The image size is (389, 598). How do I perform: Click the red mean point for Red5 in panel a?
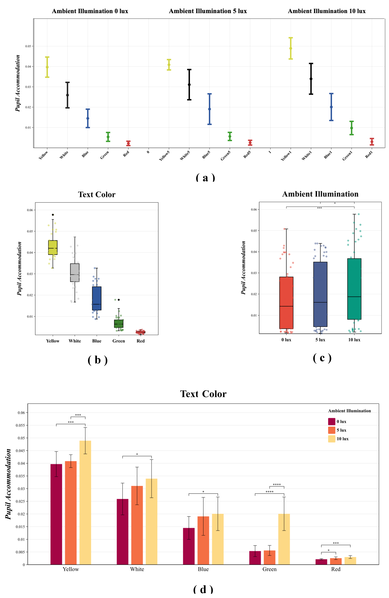pyautogui.click(x=250, y=143)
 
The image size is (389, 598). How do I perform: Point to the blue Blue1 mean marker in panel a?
pyautogui.click(x=331, y=107)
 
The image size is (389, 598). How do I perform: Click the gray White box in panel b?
pyautogui.click(x=75, y=273)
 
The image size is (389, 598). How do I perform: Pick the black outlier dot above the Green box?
pyautogui.click(x=119, y=300)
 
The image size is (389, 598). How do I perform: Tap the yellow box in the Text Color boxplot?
pyautogui.click(x=53, y=247)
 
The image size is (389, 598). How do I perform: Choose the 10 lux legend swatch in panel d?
pyautogui.click(x=331, y=439)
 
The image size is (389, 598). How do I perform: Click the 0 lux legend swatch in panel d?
pyautogui.click(x=331, y=421)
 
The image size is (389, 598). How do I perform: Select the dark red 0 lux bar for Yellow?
pyautogui.click(x=56, y=515)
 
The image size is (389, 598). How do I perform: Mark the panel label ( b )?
pyautogui.click(x=98, y=360)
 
